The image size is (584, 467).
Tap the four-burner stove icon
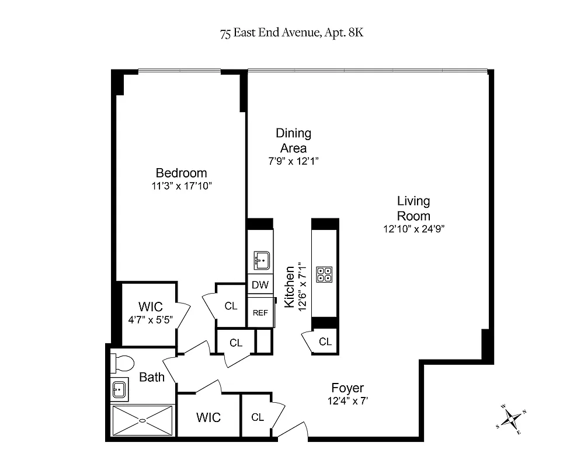[324, 274]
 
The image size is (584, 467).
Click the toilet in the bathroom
[123, 363]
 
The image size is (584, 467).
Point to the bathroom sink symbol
[120, 389]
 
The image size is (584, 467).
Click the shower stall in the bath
[143, 420]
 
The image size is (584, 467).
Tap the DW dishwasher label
[260, 285]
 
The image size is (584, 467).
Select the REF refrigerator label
[260, 312]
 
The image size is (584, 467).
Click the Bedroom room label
[181, 173]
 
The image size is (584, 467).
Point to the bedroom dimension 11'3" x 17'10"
[181, 186]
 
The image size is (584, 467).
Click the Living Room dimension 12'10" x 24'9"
[413, 229]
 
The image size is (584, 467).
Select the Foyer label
[347, 388]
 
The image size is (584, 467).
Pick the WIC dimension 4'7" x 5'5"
[150, 319]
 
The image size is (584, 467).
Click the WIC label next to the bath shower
[208, 417]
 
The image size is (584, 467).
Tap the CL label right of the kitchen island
[325, 341]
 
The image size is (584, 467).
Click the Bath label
[152, 377]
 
